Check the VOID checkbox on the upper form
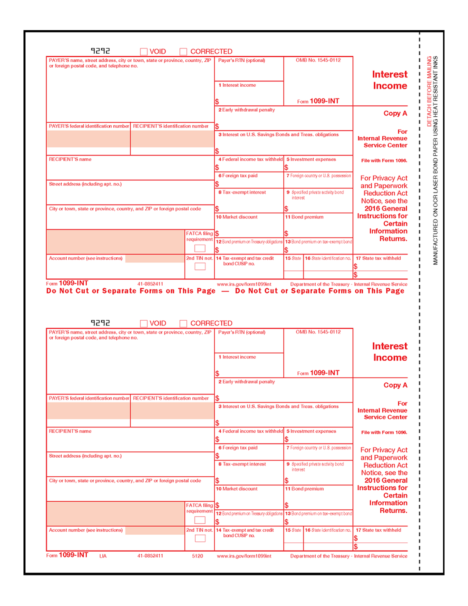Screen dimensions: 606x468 [x=144, y=52]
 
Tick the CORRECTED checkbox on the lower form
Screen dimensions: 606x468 [x=184, y=324]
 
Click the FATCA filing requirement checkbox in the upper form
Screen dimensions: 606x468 [x=200, y=248]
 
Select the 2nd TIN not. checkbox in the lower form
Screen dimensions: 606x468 [x=200, y=538]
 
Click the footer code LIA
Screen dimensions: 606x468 [x=103, y=556]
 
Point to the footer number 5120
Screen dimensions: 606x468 [x=197, y=556]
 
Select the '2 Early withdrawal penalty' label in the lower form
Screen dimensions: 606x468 [x=247, y=382]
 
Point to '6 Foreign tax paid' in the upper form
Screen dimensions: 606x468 [x=238, y=176]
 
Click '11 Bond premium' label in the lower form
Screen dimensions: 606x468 [x=304, y=489]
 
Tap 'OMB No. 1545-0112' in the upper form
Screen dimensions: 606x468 [x=318, y=60]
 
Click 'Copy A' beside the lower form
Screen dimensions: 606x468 [x=395, y=385]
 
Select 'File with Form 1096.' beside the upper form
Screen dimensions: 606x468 [x=384, y=160]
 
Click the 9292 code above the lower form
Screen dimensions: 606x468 [x=100, y=323]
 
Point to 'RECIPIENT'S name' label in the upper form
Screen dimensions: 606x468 [x=70, y=159]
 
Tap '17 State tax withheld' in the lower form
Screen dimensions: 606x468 [x=378, y=530]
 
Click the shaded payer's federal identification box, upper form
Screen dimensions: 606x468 [x=88, y=139]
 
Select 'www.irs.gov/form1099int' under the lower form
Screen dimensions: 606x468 [x=244, y=556]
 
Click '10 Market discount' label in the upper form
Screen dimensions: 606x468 [x=237, y=217]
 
